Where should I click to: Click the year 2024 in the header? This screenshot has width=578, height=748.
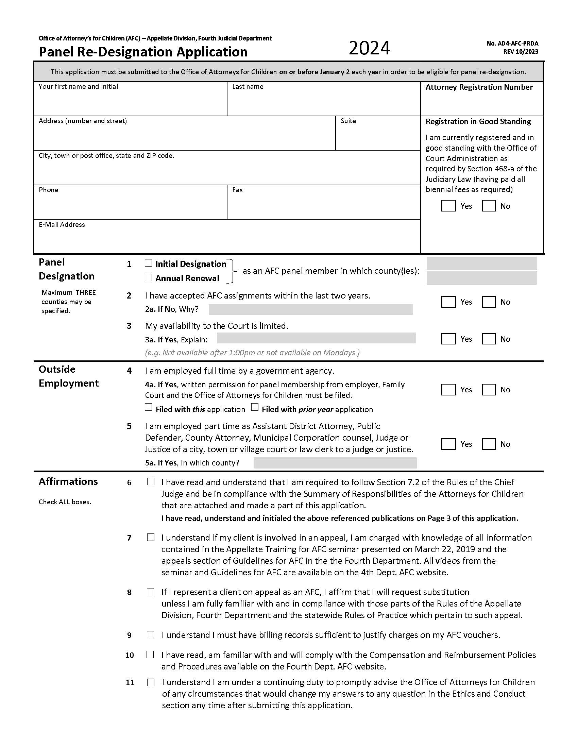369,48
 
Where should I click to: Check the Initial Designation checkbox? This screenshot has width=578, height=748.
148,263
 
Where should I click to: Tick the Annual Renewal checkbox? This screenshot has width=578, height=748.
148,277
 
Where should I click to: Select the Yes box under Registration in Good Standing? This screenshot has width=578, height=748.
448,206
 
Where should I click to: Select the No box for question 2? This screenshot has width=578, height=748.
489,302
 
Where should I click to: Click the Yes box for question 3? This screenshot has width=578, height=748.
448,339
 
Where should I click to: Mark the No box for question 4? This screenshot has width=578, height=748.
489,389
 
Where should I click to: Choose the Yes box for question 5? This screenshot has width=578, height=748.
448,444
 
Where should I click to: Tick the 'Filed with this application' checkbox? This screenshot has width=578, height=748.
148,407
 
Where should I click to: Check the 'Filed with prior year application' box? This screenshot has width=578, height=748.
255,407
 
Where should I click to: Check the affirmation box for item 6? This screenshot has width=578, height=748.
151,481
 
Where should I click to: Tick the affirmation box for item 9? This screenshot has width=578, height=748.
150,635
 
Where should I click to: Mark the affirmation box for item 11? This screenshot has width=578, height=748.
151,682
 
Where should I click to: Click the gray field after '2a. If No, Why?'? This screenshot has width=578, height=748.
310,309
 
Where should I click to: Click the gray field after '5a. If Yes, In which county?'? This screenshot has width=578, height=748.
335,463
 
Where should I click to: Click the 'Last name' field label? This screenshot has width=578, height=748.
248,87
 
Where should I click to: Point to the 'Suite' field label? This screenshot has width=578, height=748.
348,121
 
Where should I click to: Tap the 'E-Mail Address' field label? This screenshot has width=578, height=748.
62,225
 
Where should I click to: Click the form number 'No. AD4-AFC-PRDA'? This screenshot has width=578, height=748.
512,44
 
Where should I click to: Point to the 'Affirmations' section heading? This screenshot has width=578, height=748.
68,481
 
